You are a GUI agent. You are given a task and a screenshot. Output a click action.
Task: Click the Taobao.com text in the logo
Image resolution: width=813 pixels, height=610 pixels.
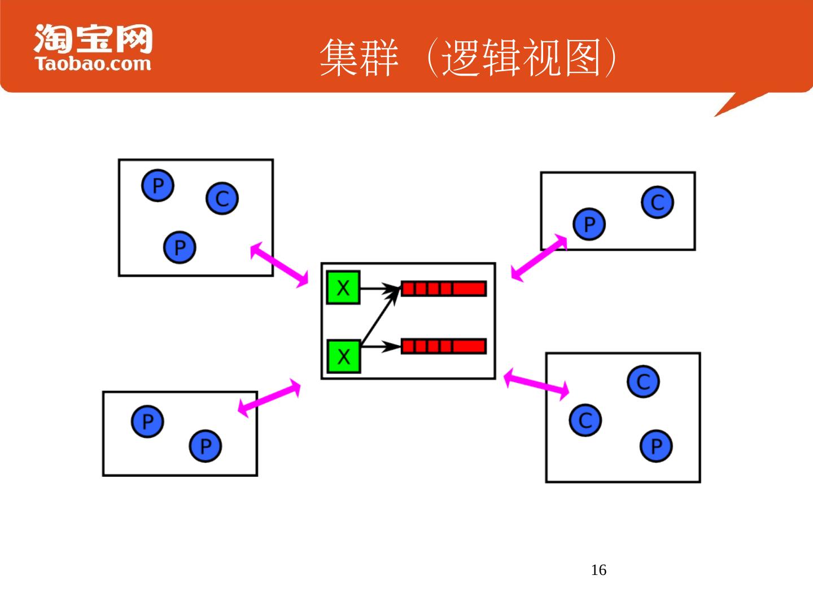(93, 63)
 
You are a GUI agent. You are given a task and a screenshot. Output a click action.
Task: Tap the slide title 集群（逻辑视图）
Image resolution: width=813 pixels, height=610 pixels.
(469, 58)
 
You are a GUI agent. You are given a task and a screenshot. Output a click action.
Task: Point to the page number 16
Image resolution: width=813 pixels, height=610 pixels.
(598, 570)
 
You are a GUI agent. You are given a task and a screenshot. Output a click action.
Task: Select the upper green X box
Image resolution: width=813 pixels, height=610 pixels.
(343, 288)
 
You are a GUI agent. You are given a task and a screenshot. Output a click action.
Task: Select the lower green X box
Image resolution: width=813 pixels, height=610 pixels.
(343, 356)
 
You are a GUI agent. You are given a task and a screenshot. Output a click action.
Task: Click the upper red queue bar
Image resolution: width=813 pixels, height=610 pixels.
(444, 289)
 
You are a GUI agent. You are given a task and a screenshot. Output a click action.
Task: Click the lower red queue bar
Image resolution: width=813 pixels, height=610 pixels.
(444, 346)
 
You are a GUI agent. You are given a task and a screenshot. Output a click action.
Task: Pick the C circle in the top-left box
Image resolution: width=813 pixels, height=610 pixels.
(222, 198)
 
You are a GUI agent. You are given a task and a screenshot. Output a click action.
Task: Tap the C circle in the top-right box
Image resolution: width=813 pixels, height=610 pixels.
(658, 202)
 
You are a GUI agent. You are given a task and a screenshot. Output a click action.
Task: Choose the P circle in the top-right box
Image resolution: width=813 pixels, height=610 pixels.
(589, 224)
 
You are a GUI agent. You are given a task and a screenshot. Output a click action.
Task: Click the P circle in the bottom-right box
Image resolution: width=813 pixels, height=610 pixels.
(656, 446)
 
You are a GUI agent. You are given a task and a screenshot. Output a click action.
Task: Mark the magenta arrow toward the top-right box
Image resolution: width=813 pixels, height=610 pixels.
(539, 258)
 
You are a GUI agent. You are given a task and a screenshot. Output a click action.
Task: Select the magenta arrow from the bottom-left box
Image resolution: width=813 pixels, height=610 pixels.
(269, 398)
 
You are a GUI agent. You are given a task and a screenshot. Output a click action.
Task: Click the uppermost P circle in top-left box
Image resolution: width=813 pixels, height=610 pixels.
(158, 185)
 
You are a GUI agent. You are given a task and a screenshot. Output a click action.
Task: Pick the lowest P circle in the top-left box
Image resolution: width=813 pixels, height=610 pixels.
(180, 247)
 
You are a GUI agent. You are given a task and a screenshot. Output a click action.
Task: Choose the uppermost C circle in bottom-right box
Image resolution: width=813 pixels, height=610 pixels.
(643, 382)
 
